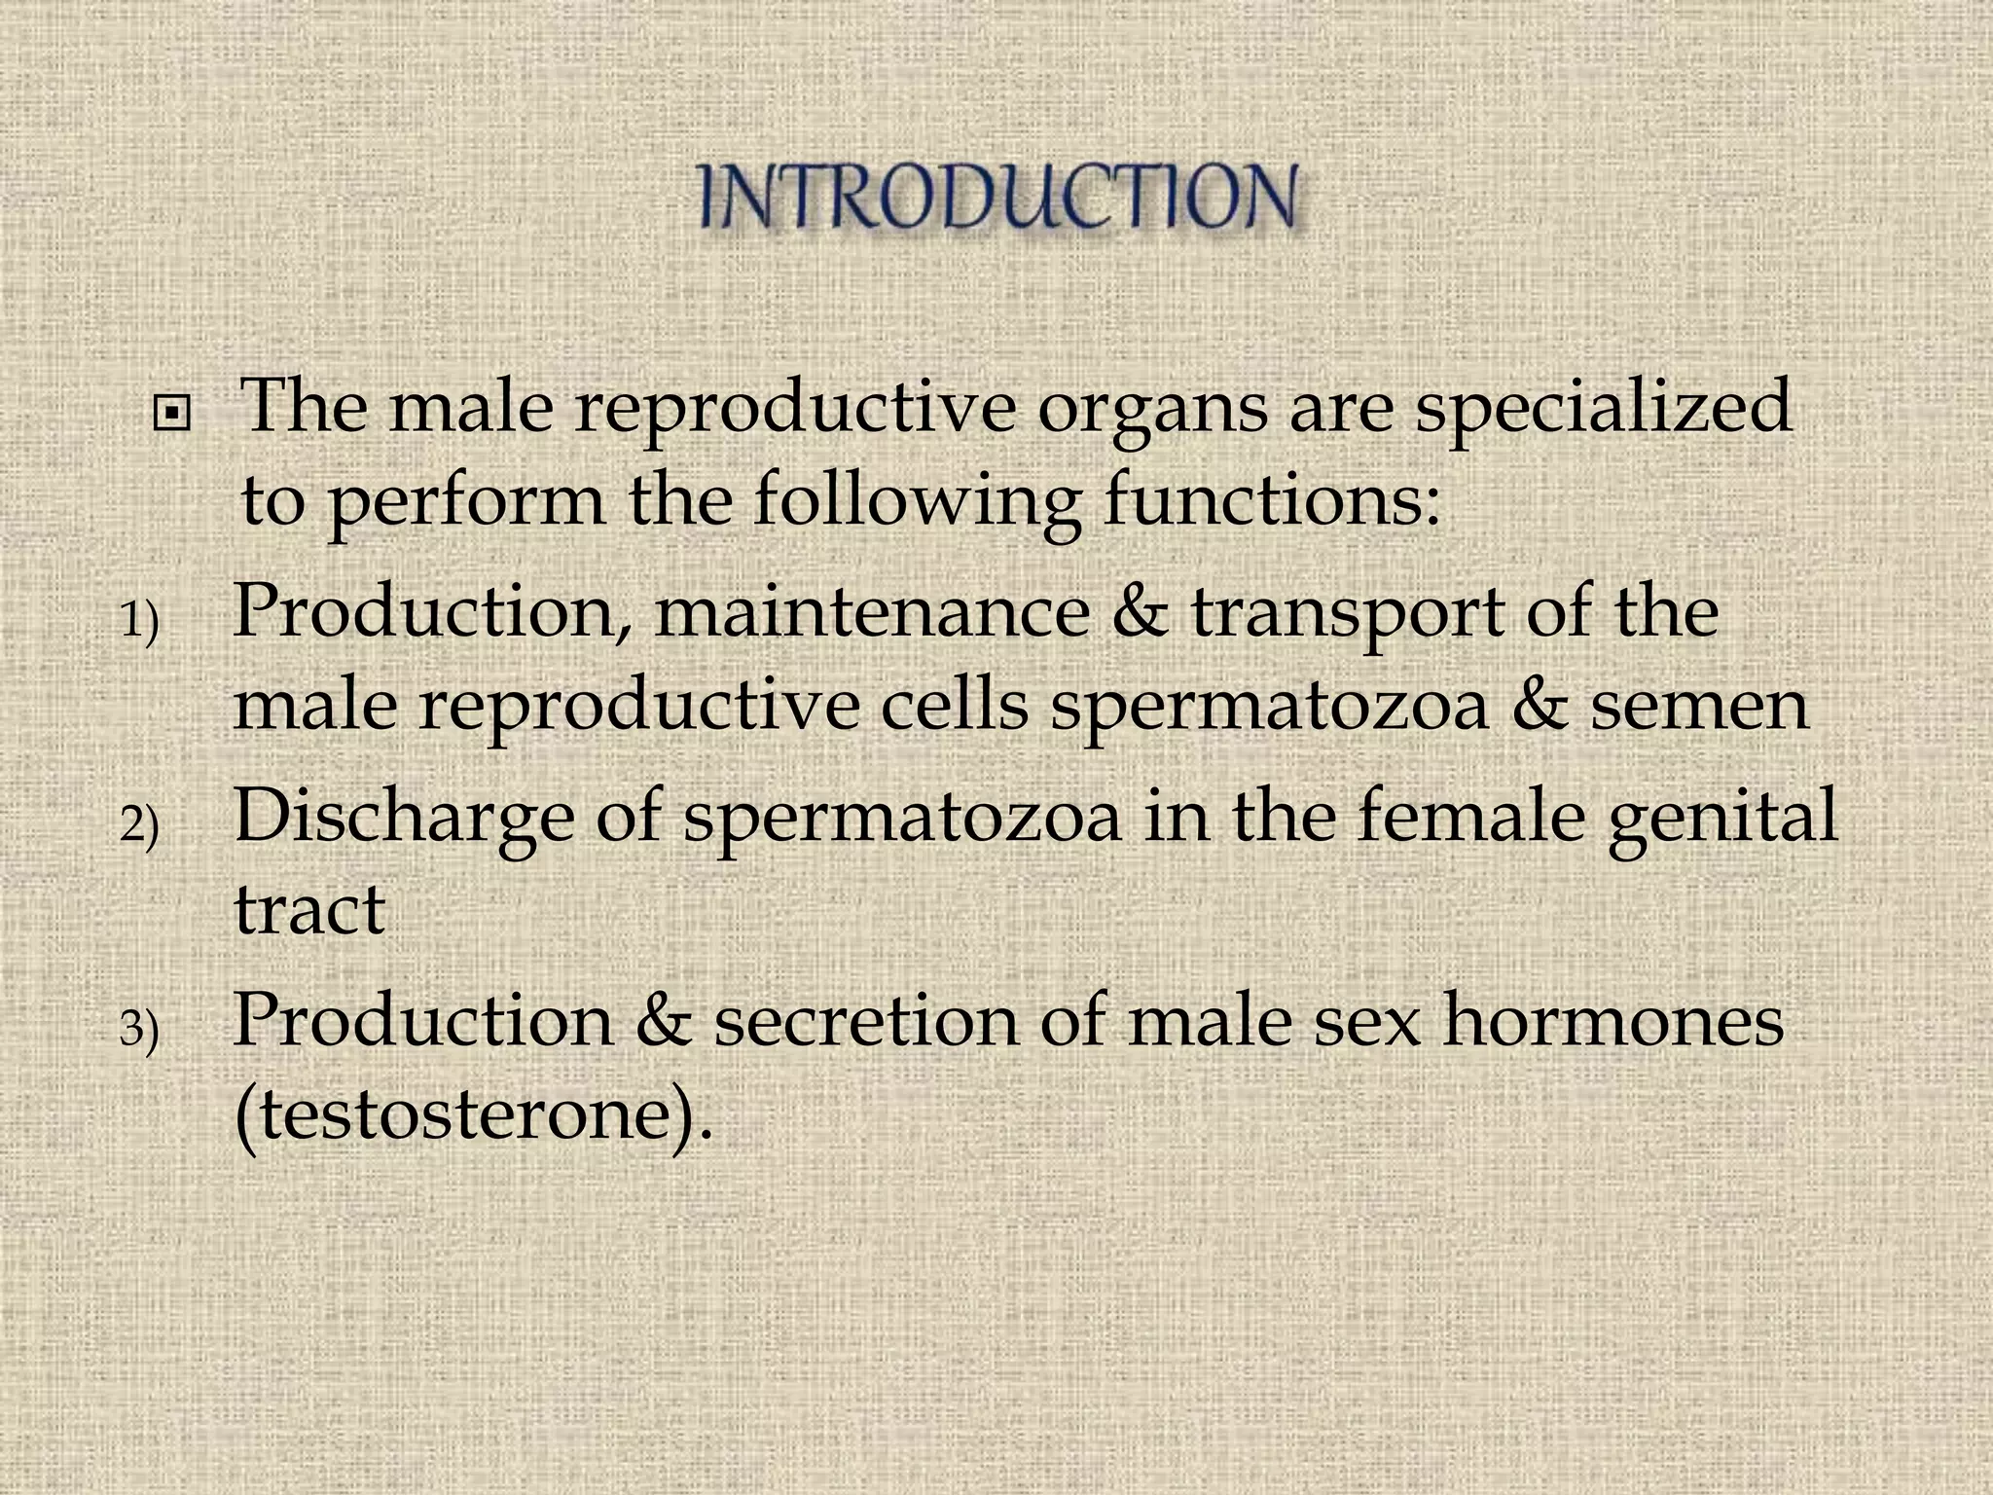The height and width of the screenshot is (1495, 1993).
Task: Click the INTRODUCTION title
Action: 997,198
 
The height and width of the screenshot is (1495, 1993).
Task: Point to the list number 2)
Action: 139,825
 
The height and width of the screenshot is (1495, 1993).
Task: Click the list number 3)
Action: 139,1030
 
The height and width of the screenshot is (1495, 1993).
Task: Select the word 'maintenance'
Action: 872,613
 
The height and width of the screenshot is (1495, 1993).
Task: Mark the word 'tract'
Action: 309,909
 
